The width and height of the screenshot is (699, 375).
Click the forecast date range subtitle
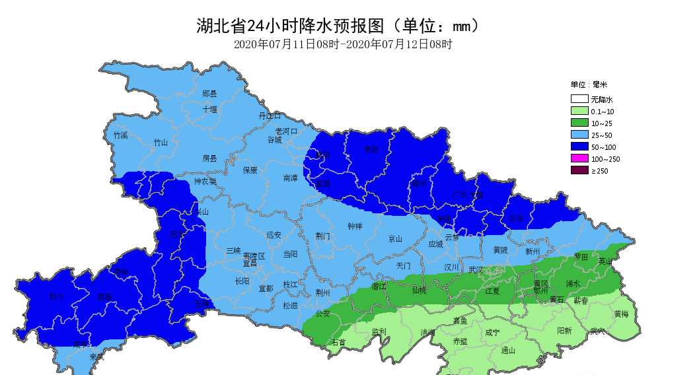[343, 45]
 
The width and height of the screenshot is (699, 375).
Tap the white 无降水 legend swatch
[579, 100]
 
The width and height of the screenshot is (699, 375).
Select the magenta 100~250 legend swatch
[579, 159]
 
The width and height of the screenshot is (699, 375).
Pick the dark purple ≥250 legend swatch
[579, 171]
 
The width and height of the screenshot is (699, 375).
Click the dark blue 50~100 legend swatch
[579, 147]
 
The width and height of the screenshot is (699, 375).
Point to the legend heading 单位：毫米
[589, 85]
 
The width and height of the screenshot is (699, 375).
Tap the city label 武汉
[476, 269]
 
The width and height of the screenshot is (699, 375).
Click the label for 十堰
[210, 109]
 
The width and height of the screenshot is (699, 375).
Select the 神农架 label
[205, 182]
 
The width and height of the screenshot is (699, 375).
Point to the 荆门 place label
[322, 236]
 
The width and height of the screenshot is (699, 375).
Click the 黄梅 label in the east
[621, 314]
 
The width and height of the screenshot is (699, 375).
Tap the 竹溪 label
[120, 135]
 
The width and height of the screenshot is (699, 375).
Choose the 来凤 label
[96, 357]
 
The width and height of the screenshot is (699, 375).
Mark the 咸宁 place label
[492, 333]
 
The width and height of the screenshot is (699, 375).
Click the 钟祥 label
[355, 226]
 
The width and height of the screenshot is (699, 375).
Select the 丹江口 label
[270, 116]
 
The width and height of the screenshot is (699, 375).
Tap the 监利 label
[379, 332]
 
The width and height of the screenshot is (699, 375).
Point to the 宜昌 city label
[250, 263]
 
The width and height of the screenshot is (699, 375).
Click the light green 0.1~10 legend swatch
[579, 112]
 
